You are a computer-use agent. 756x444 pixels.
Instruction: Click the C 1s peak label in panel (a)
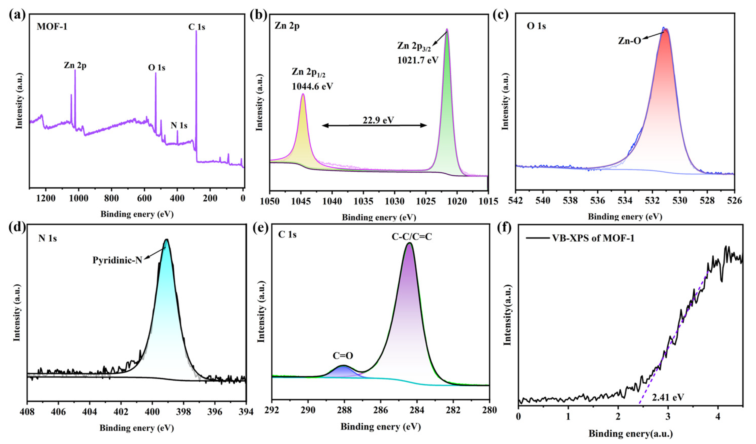196,27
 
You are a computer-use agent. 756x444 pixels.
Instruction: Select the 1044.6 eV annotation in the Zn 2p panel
312,87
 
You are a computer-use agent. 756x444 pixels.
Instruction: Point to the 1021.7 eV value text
418,60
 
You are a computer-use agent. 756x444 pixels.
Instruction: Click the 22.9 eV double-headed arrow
374,126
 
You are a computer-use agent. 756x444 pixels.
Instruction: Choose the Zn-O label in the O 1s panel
629,41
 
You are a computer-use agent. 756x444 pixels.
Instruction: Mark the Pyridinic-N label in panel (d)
117,260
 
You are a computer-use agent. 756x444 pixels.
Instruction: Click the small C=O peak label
343,356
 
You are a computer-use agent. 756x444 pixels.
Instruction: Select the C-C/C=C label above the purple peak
412,237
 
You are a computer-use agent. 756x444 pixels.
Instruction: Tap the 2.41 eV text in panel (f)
668,397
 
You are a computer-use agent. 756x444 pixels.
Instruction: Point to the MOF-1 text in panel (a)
52,27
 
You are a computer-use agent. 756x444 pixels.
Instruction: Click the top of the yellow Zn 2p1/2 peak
303,94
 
